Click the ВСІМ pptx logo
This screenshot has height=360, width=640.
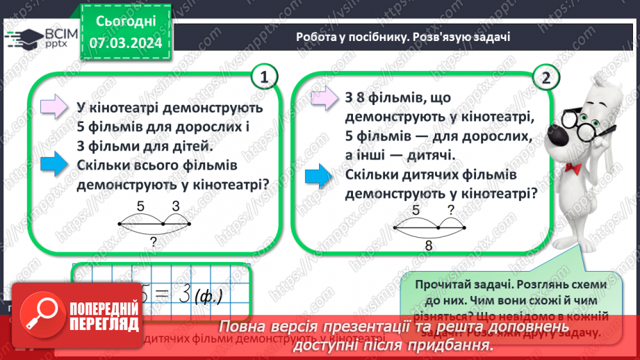(35, 40)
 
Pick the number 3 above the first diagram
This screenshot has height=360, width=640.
(176, 206)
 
